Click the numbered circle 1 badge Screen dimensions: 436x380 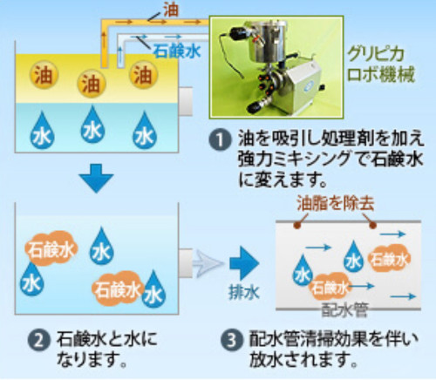click(x=220, y=139)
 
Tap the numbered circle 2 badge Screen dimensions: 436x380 click(x=38, y=340)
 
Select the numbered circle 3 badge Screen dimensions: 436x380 click(x=231, y=340)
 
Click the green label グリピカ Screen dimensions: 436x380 click(x=375, y=54)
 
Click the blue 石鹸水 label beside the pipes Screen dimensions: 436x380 click(x=177, y=51)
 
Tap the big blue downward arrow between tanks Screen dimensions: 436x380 click(x=96, y=178)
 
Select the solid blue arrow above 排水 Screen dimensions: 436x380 click(x=244, y=263)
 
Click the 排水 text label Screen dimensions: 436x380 click(x=244, y=292)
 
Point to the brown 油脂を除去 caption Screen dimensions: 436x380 click(x=336, y=203)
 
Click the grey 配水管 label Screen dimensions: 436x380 click(x=345, y=310)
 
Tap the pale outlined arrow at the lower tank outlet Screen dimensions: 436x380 click(x=208, y=263)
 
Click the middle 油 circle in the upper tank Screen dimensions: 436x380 click(x=92, y=84)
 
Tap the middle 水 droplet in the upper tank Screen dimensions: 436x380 click(x=92, y=125)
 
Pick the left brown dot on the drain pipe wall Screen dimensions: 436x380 click(x=296, y=225)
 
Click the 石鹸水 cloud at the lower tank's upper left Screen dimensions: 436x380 click(x=51, y=249)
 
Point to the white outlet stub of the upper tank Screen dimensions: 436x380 click(x=186, y=101)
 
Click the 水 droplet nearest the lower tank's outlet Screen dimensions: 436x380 click(x=153, y=289)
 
